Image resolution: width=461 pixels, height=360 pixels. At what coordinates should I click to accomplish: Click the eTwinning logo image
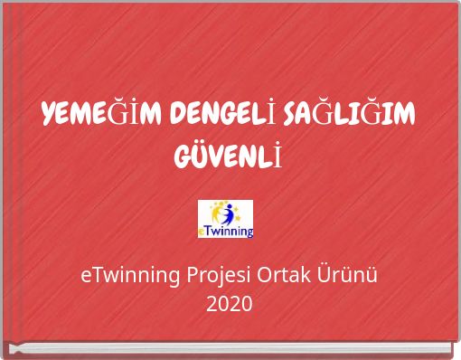point(225,219)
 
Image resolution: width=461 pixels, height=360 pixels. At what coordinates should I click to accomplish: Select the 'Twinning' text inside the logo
point(230,231)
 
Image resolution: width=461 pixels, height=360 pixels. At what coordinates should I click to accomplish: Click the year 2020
point(230,304)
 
